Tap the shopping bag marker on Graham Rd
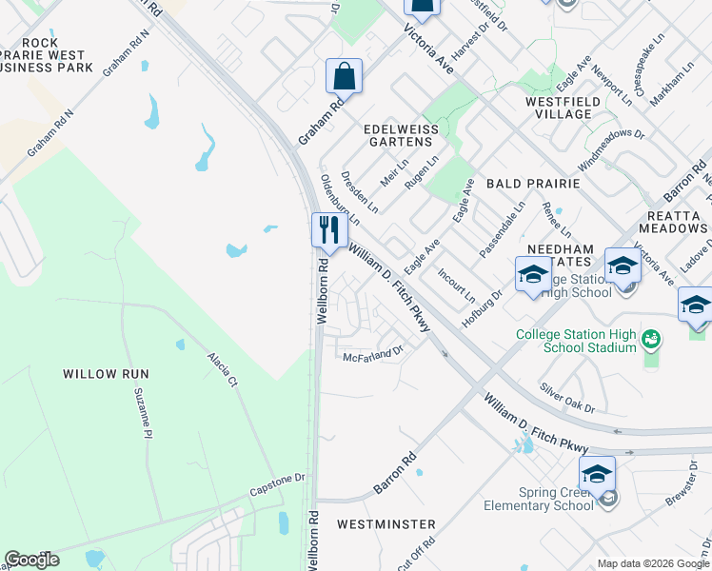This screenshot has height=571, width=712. click(x=343, y=76)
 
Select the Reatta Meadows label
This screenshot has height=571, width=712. click(x=673, y=222)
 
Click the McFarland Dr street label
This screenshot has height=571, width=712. click(x=374, y=352)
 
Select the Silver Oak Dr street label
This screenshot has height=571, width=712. click(x=567, y=398)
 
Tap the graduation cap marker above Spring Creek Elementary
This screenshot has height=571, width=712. click(x=597, y=473)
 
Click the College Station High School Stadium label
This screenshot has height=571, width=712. click(x=576, y=340)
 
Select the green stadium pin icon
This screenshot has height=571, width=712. click(x=651, y=338)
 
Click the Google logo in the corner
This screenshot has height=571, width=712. click(x=31, y=560)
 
